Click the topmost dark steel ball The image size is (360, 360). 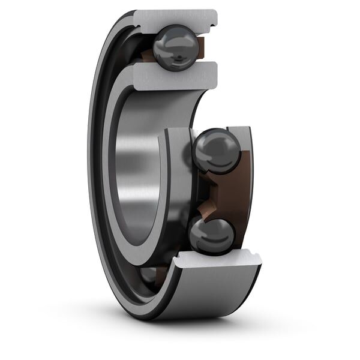click(175, 48)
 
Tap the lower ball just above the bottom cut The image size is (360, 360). click(212, 235)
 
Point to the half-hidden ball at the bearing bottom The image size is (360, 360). click(149, 275)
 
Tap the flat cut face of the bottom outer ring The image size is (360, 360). click(219, 260)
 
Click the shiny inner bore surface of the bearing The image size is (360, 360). click(135, 174)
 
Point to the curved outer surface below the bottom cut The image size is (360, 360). click(204, 294)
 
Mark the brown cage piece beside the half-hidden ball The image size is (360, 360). click(160, 274)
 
